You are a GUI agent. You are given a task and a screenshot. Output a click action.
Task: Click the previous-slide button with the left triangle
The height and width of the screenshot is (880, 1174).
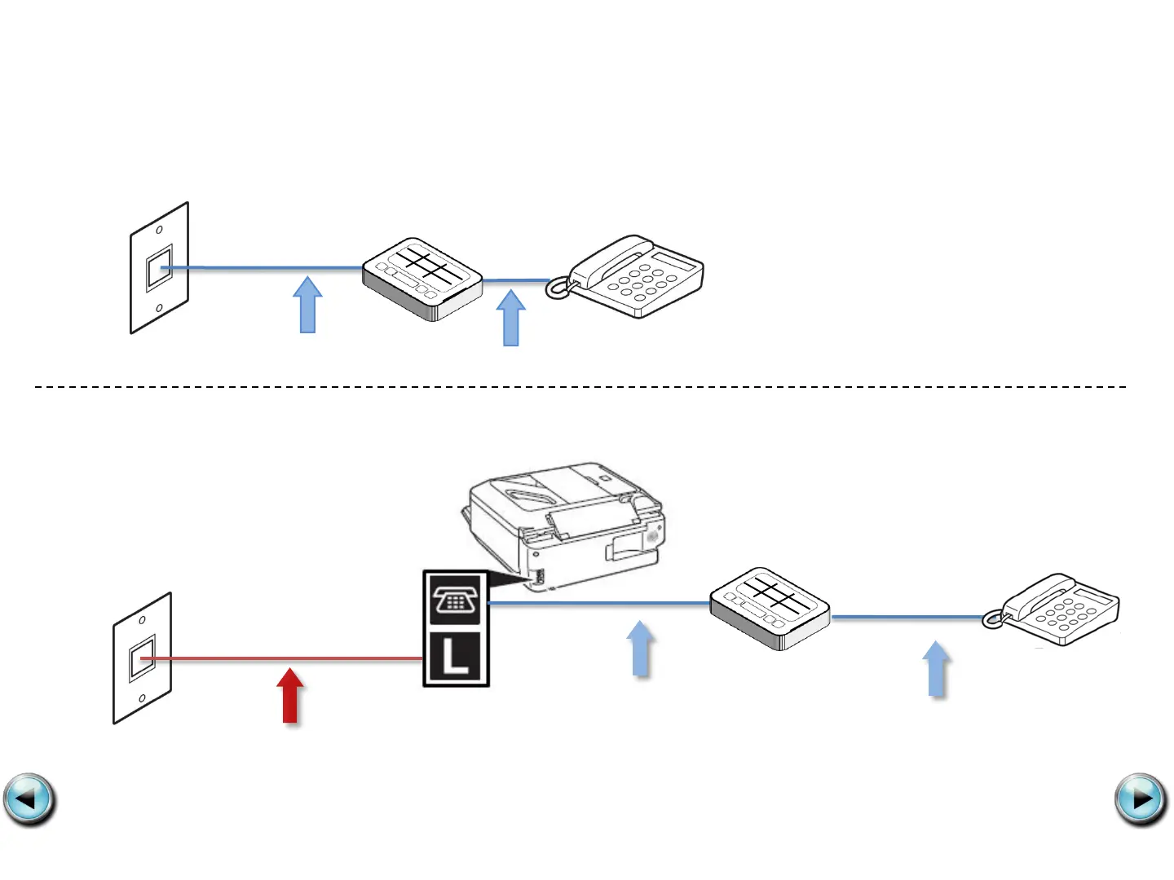click(x=29, y=799)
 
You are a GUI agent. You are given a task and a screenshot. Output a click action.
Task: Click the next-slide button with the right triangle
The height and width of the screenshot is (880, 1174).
click(x=1141, y=799)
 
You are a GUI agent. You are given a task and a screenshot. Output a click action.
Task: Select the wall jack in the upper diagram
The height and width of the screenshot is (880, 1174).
click(x=160, y=268)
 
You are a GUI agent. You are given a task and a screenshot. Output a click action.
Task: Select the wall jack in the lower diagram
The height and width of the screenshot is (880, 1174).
click(x=143, y=658)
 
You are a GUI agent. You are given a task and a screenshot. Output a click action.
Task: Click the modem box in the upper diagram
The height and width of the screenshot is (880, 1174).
click(x=422, y=279)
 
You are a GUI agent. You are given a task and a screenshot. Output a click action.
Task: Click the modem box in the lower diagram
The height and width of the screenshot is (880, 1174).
click(x=770, y=608)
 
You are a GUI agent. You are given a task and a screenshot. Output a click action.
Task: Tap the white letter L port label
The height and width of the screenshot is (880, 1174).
click(x=456, y=657)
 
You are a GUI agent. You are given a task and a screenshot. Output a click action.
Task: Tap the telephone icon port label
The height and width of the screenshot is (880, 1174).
click(x=456, y=601)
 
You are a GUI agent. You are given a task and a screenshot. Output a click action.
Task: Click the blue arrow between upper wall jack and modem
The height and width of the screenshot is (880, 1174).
click(x=307, y=305)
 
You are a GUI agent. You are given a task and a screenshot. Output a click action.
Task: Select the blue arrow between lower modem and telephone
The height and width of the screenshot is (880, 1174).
click(x=937, y=669)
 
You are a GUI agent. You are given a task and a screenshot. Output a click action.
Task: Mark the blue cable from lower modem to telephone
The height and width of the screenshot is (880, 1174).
click(x=905, y=617)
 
